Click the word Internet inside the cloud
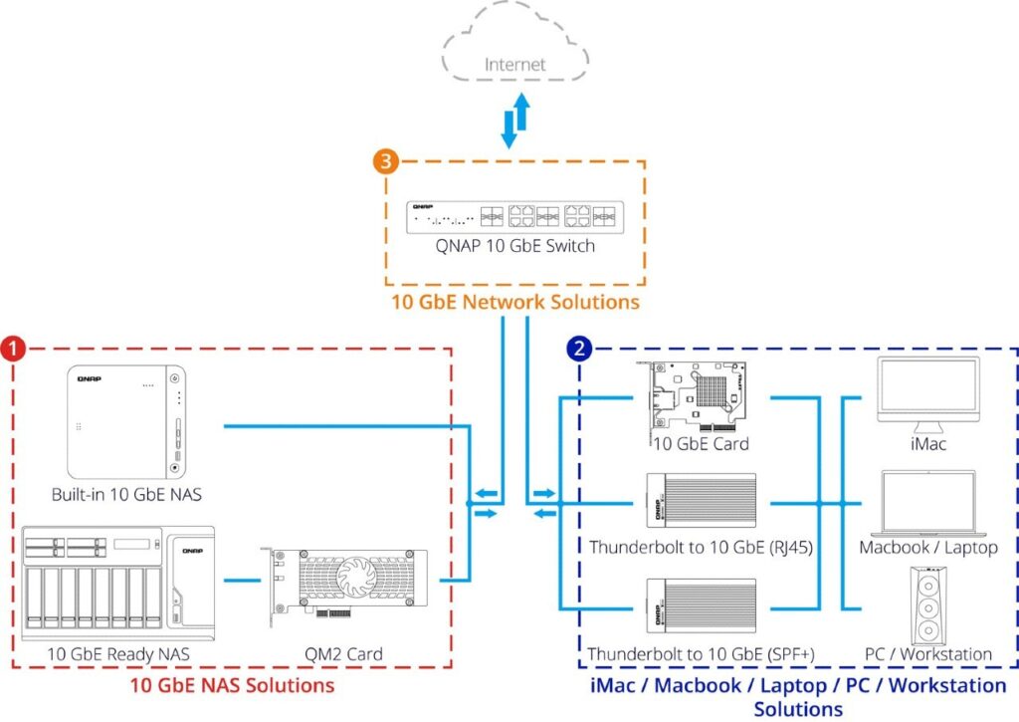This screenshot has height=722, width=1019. (514, 66)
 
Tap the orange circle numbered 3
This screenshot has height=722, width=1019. (386, 161)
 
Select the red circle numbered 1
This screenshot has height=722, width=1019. (13, 349)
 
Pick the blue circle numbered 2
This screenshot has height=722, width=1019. (579, 349)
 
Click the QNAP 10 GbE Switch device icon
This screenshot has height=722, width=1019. (514, 215)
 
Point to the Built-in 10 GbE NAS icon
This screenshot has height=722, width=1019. (126, 423)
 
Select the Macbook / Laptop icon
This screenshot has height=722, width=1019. (928, 504)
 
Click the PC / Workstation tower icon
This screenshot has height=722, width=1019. (928, 604)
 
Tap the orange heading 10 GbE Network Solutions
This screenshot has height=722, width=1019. (514, 301)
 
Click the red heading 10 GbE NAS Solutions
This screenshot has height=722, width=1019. (232, 686)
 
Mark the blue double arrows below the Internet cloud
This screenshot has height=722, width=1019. (514, 122)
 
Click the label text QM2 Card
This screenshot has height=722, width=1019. (343, 654)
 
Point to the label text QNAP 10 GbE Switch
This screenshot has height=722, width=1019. (514, 245)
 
